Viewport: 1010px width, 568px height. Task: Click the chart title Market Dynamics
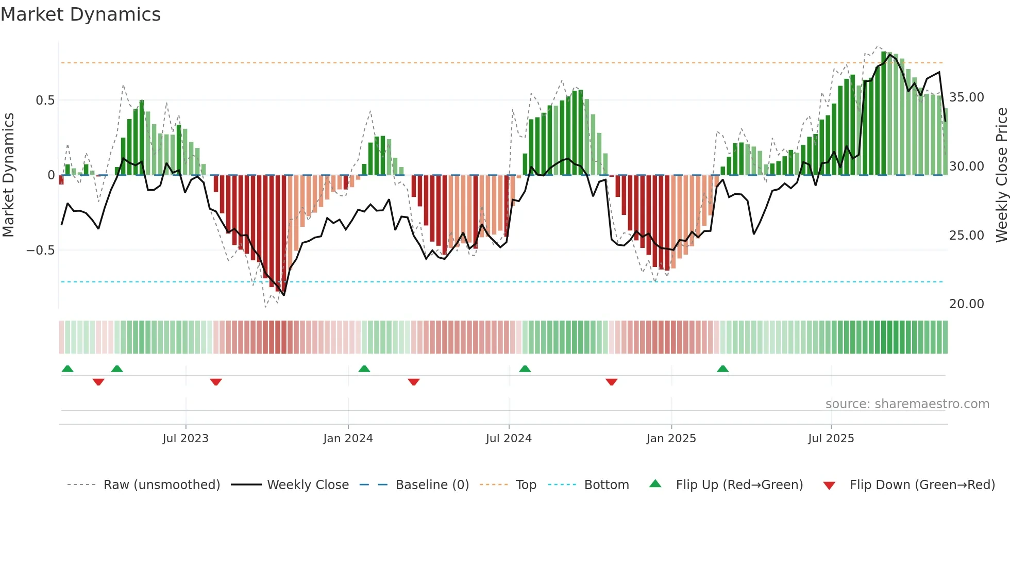coord(80,14)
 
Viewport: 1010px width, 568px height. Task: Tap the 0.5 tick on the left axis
coord(45,100)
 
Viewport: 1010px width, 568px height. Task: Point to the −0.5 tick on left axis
coord(40,250)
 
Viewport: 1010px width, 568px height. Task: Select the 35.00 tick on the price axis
coord(966,97)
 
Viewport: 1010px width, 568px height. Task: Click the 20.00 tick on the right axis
coord(966,304)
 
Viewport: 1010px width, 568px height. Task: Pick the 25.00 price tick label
coord(966,236)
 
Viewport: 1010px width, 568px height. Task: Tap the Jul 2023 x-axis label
coord(186,439)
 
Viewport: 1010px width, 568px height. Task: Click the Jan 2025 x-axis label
coord(671,439)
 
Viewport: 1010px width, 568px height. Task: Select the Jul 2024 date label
coord(509,439)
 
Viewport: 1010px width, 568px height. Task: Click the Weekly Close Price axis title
coord(1001,175)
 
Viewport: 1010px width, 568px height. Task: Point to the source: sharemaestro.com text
coord(907,404)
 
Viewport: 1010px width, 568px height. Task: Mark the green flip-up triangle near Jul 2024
coord(525,369)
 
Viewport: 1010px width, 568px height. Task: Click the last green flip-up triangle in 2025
coord(722,369)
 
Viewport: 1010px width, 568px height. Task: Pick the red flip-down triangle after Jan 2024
coord(413,382)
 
